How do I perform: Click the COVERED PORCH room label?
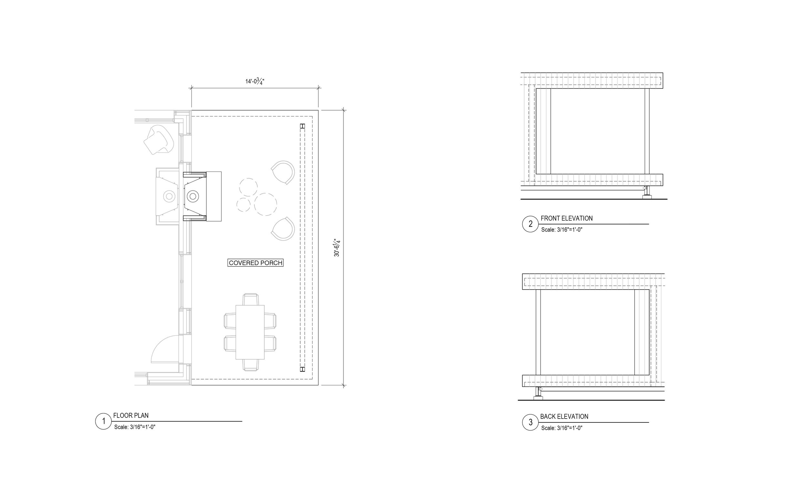tap(256, 263)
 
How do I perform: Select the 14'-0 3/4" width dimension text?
tap(255, 81)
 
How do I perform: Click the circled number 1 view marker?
tap(103, 421)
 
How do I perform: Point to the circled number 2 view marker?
tap(530, 224)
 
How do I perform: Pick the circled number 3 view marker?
tap(530, 422)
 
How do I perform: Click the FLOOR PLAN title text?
tap(131, 415)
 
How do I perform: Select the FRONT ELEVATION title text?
tap(567, 218)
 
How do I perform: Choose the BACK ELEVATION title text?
tap(564, 416)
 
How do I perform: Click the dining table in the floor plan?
tap(250, 332)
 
